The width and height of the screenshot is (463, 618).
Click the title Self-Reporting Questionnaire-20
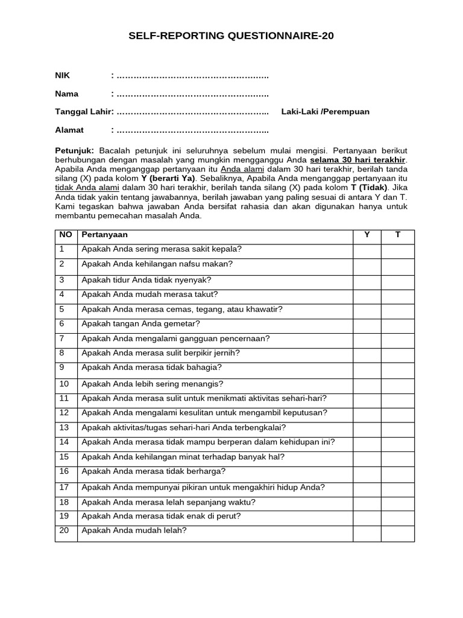click(231, 36)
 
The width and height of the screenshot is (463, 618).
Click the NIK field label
click(62, 75)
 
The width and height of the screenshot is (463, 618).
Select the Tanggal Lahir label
click(83, 112)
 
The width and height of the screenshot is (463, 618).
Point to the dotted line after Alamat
click(192, 130)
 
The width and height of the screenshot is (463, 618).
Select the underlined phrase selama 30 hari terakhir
click(358, 159)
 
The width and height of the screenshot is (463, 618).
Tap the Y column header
click(367, 235)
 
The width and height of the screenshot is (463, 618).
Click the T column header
click(397, 235)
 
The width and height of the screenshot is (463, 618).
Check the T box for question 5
click(397, 310)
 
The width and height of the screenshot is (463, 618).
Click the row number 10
click(65, 384)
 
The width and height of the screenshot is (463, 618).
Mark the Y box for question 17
click(367, 488)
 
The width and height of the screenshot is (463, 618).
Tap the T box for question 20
click(397, 533)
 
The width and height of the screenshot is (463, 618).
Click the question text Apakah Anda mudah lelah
click(134, 531)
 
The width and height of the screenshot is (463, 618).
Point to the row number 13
click(65, 428)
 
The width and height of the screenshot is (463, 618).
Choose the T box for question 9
click(397, 369)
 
